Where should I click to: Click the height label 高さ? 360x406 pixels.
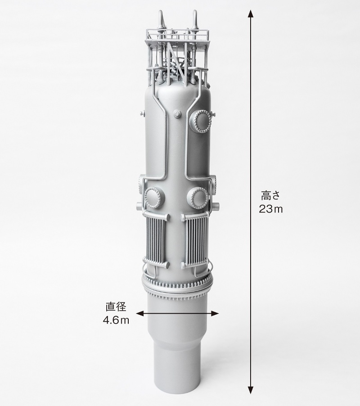click(271, 195)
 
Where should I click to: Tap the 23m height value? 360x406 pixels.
click(271, 209)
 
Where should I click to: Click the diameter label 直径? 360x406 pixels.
click(116, 307)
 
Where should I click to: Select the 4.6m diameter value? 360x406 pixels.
click(116, 320)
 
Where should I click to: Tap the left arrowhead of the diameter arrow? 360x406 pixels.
click(140, 314)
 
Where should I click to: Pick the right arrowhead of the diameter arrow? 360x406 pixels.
click(215, 314)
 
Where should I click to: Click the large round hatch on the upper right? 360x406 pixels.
click(201, 121)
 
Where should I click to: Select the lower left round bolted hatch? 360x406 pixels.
click(154, 198)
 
